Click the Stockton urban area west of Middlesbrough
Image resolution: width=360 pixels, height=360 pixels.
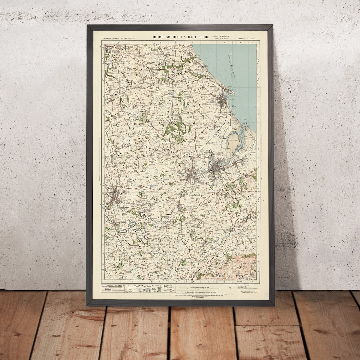click(192, 174)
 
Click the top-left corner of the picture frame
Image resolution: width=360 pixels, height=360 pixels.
click(87, 25)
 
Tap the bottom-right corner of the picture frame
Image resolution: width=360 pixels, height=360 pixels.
click(274, 305)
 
